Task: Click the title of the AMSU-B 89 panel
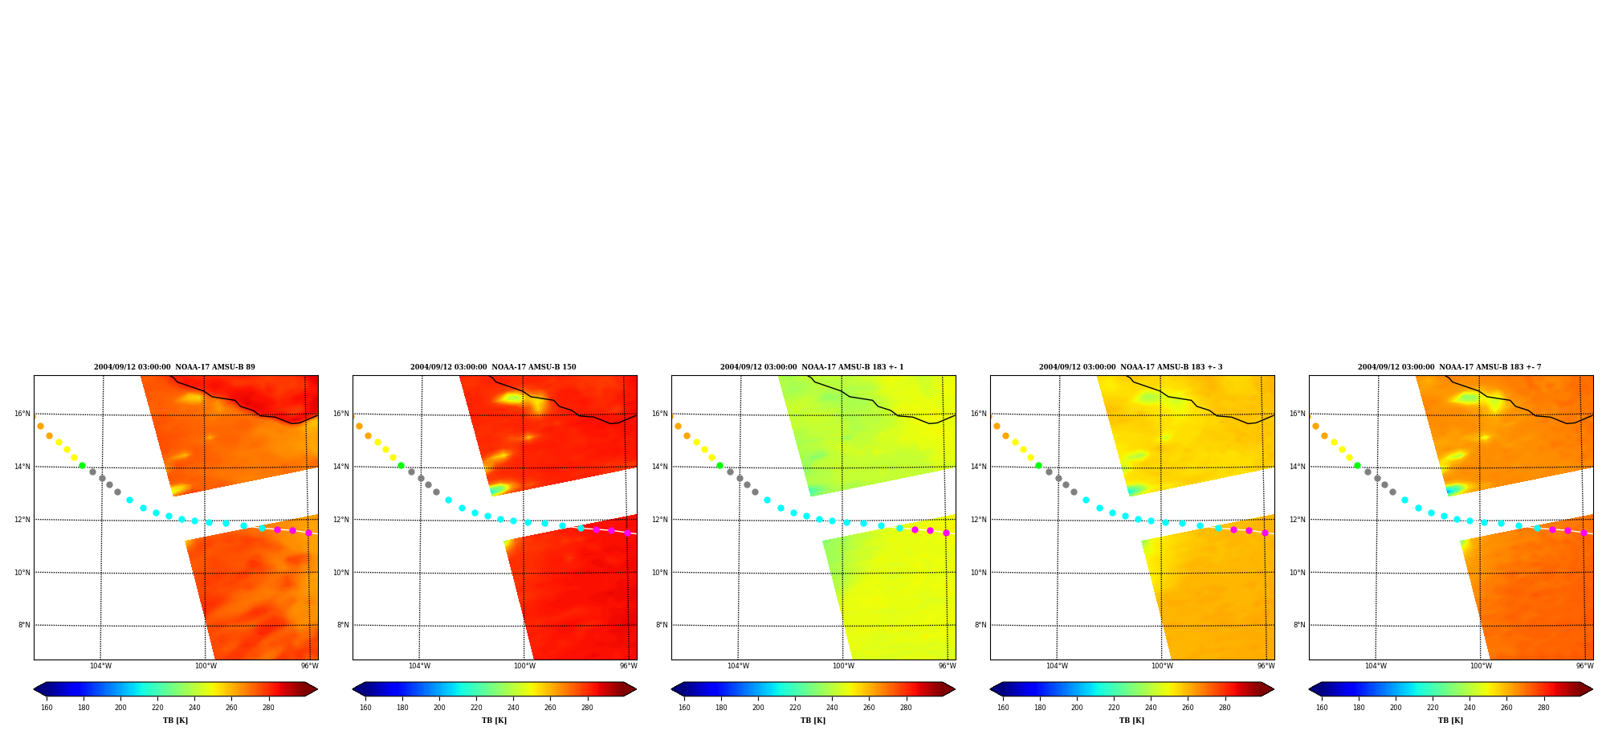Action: coord(174,367)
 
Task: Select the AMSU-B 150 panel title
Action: coord(493,367)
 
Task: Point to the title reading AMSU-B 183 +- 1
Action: coord(812,367)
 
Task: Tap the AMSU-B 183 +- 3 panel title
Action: coord(1131,367)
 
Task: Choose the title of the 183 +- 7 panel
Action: coord(1449,367)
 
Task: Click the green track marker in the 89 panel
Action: coord(82,465)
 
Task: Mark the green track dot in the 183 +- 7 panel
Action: coord(1357,465)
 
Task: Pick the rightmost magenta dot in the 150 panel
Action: coord(627,533)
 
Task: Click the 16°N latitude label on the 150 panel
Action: coord(341,415)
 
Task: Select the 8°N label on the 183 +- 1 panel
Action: coord(662,625)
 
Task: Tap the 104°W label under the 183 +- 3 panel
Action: coord(1057,666)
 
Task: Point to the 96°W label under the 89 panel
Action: coord(310,666)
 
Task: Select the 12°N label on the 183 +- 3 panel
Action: coord(979,520)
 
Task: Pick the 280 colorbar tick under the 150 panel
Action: coord(587,708)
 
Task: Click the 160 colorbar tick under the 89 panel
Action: coord(47,708)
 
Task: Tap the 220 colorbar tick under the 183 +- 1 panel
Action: coord(795,708)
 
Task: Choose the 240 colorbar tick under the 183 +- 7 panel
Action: coord(1470,708)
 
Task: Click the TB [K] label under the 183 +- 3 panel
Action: coord(1132,721)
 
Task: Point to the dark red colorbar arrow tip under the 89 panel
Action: coord(317,689)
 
